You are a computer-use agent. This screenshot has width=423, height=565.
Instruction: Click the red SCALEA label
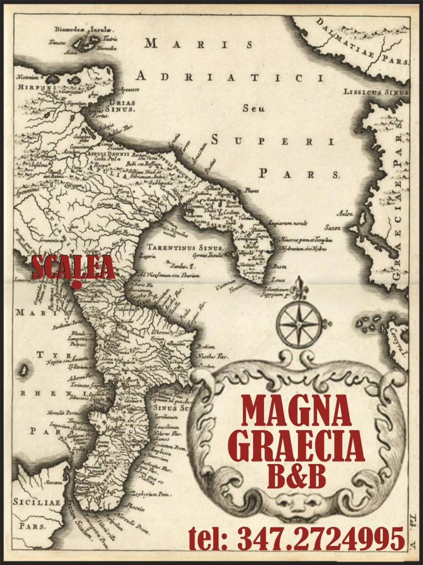(x=73, y=267)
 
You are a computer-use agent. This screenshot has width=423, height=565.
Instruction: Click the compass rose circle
(x=299, y=323)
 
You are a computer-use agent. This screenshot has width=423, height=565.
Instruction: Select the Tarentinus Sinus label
(x=185, y=247)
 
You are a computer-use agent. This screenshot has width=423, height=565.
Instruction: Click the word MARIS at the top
(x=199, y=44)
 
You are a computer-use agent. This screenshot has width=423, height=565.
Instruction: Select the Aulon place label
(x=345, y=214)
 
